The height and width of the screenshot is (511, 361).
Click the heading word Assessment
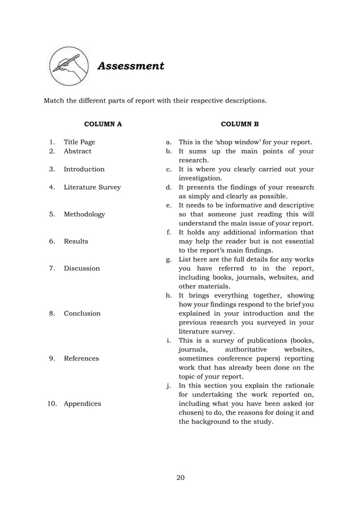(x=131, y=66)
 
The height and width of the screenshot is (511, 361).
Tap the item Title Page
(x=79, y=142)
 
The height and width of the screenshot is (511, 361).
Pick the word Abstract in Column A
(x=78, y=151)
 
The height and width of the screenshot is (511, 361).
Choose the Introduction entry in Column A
(x=84, y=169)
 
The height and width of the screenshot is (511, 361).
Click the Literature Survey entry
(x=92, y=188)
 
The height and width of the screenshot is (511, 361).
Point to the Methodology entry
(x=84, y=215)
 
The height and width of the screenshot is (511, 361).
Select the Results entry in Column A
(x=76, y=241)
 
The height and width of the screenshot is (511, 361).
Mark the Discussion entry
(x=81, y=269)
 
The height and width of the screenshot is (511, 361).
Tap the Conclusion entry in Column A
(x=82, y=313)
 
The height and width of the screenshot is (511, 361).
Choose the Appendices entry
(x=83, y=404)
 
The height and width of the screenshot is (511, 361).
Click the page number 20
(x=180, y=478)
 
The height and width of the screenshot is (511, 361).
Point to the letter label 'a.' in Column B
(x=169, y=142)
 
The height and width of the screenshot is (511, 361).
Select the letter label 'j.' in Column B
(x=169, y=386)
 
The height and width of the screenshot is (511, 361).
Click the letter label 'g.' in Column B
(x=169, y=259)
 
